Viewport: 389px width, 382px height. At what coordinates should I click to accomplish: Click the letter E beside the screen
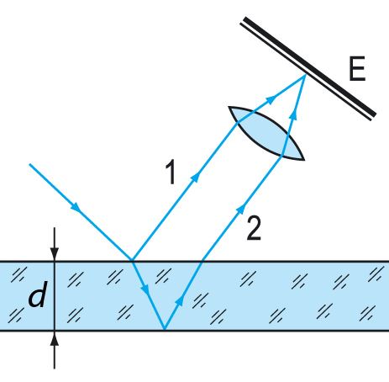(x=357, y=69)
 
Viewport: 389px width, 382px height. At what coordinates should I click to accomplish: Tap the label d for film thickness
(x=37, y=294)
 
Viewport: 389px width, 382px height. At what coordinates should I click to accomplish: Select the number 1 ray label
(x=171, y=172)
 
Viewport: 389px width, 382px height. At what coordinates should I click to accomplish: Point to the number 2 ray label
(x=254, y=229)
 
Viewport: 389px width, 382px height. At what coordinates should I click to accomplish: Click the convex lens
(x=266, y=134)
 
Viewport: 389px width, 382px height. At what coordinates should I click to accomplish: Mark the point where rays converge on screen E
(x=305, y=75)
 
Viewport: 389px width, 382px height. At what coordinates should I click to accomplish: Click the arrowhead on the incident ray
(x=76, y=208)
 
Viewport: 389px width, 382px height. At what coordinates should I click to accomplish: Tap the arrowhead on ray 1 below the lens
(x=196, y=178)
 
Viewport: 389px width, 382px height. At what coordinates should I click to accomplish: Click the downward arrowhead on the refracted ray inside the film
(x=145, y=289)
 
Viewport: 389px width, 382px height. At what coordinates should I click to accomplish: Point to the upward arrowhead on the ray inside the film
(x=180, y=300)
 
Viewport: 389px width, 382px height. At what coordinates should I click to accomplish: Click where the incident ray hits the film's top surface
(x=132, y=261)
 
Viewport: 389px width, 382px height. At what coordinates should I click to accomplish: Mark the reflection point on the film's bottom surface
(x=165, y=330)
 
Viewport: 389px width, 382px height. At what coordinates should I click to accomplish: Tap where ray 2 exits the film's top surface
(x=202, y=261)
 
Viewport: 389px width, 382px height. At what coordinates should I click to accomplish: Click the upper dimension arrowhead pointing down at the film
(x=55, y=253)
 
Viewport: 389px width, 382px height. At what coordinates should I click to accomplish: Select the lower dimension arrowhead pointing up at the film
(x=55, y=338)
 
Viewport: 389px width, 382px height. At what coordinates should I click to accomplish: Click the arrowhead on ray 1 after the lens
(x=271, y=99)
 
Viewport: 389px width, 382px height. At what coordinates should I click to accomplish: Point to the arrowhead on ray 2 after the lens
(x=293, y=115)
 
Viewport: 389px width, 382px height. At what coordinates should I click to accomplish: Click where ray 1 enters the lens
(x=238, y=123)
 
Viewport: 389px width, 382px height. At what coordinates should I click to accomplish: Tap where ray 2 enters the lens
(x=281, y=155)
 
